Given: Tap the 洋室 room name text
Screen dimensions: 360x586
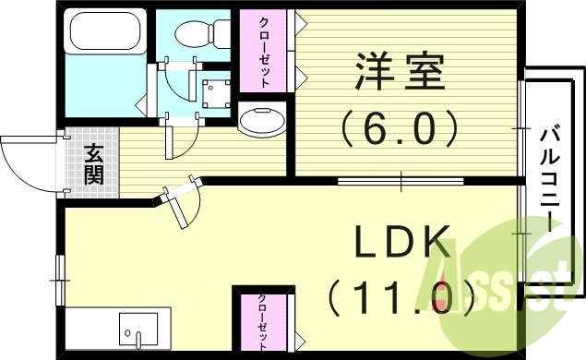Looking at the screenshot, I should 400,71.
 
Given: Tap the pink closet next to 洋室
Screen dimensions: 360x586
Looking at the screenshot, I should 264,53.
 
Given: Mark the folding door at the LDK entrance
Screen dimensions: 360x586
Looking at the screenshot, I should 185,203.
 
